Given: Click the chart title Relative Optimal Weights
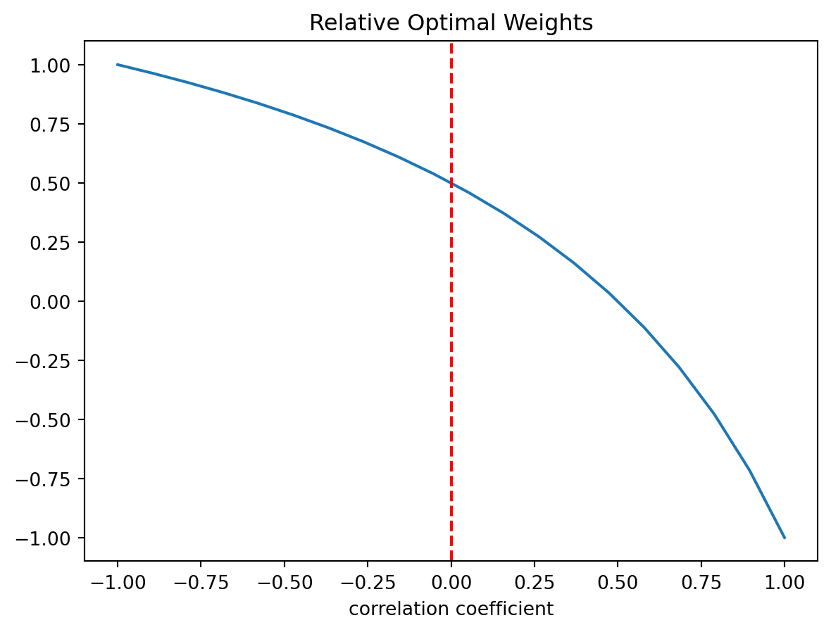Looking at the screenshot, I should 451,23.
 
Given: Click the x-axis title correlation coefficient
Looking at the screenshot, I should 451,609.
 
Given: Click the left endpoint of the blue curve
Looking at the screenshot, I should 118,65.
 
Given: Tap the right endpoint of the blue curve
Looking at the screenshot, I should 785,538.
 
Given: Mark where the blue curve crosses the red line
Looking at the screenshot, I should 451,183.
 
